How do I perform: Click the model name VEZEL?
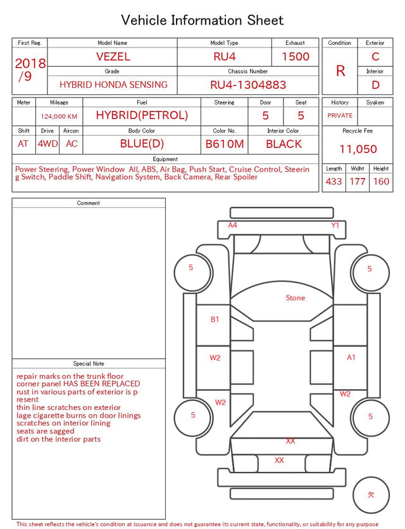click(113, 56)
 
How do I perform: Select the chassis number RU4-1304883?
click(248, 85)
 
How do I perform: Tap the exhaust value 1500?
click(296, 56)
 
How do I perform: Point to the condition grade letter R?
click(340, 71)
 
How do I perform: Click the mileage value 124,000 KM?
click(59, 117)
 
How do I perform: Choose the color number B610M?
click(225, 144)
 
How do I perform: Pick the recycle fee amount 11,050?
click(358, 149)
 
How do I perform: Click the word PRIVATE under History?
click(340, 115)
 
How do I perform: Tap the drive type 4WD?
click(47, 144)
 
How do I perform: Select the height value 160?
click(381, 181)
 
